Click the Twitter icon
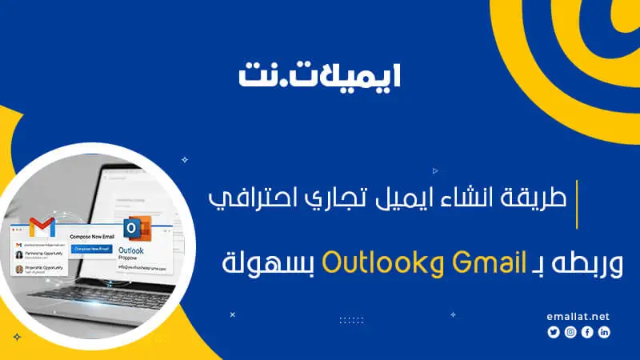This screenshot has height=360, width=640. coord(553,332)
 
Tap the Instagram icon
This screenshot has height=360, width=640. coord(570,332)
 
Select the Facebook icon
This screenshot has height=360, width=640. coord(587,332)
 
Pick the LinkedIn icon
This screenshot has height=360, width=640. coord(604,332)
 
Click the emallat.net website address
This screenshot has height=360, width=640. coord(578,316)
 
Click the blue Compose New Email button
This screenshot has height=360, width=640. coord(90,250)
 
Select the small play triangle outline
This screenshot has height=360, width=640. coord(434,170)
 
